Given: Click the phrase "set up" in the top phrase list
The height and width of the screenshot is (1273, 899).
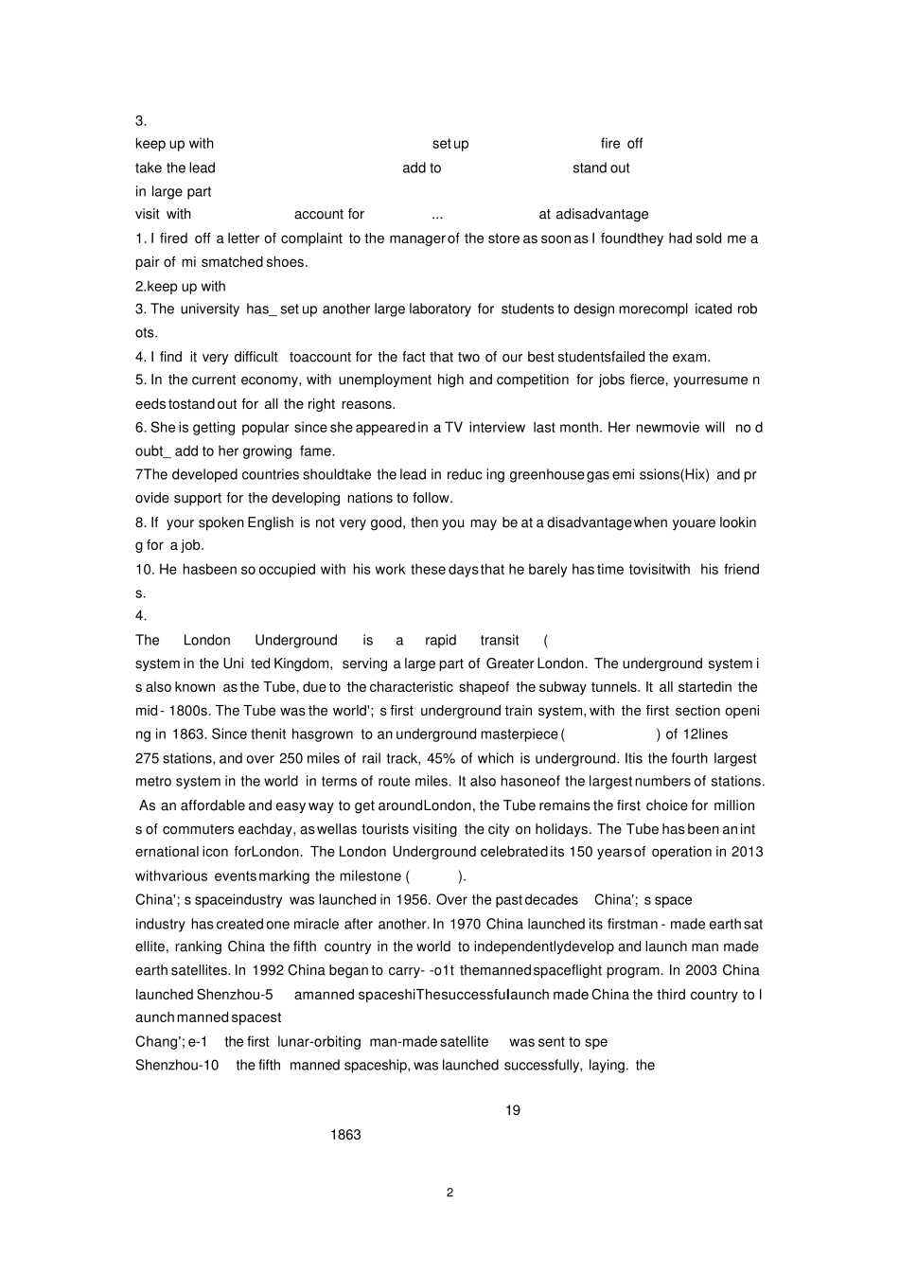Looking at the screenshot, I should tap(450, 144).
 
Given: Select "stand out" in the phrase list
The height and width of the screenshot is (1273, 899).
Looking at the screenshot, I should tap(601, 168).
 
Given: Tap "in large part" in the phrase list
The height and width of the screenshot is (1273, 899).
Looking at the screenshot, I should tap(173, 191).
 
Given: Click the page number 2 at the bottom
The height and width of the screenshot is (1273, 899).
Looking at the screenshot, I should tap(449, 1193).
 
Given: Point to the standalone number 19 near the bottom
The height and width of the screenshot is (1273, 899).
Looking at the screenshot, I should tap(513, 1110).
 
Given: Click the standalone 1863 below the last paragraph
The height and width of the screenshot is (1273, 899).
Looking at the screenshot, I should tap(345, 1135).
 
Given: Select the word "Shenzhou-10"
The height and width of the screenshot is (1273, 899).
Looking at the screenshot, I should tap(177, 1065).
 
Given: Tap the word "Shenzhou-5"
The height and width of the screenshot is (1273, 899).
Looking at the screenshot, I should tap(235, 994).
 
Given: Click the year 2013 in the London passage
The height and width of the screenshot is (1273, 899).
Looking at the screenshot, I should tap(747, 852).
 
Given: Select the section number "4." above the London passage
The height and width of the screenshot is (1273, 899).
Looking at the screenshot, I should tap(141, 615).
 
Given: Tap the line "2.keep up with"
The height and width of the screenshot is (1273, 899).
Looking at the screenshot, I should tap(181, 286).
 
